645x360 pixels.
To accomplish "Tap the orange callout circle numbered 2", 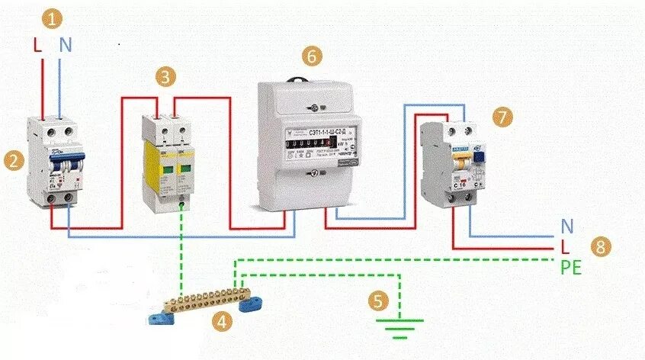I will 12,160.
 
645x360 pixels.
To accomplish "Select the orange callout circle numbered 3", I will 167,76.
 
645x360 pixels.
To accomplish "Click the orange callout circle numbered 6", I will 311,56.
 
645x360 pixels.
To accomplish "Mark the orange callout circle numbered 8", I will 602,246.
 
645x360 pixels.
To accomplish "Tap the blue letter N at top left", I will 66,45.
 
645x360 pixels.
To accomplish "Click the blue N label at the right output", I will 566,227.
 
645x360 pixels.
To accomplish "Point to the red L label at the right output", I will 565,246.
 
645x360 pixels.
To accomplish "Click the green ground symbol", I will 400,329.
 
